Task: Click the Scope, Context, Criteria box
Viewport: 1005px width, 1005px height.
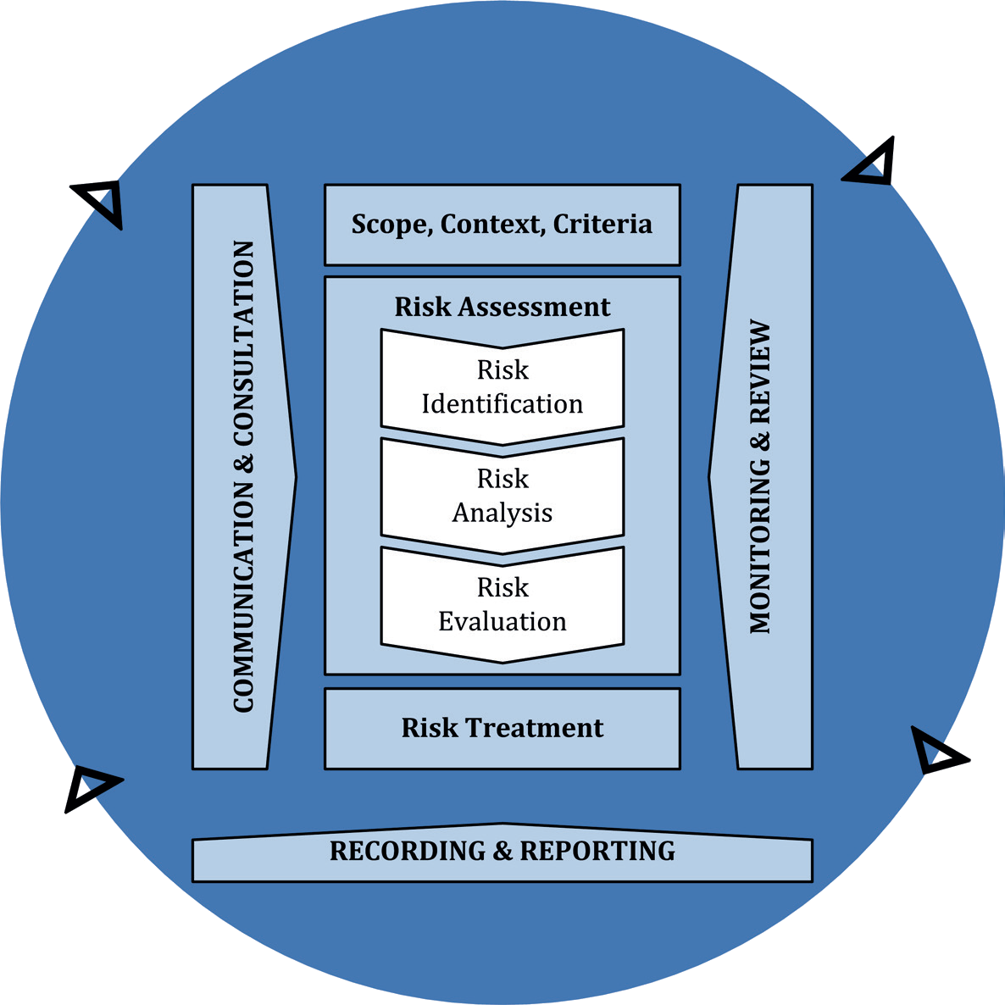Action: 502,225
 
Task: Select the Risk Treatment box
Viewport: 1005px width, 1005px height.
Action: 502,728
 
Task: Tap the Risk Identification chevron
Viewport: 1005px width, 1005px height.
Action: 502,386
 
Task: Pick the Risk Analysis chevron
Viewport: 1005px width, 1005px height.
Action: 502,496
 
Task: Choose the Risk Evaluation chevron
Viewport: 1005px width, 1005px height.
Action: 502,604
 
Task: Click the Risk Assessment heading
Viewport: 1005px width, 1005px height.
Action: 502,307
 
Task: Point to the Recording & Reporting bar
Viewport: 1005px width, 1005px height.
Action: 502,852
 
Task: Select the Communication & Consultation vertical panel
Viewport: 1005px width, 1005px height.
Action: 242,476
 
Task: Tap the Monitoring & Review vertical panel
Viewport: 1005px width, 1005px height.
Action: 761,476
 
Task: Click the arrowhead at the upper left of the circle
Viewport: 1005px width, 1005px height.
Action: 101,202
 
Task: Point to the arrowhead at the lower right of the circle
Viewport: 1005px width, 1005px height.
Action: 936,751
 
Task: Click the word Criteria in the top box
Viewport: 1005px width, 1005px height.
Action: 602,225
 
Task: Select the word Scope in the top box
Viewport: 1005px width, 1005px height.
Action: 392,225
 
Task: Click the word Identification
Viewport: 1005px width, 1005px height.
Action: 502,404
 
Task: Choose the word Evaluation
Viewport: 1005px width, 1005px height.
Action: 502,622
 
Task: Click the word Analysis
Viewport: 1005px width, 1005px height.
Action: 502,514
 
